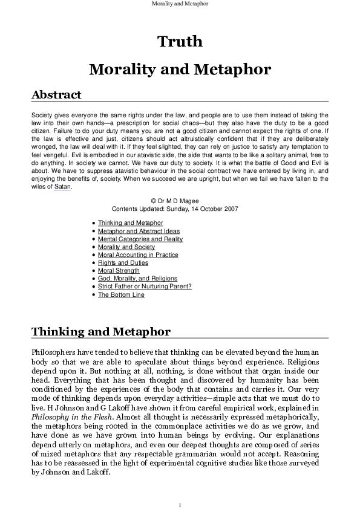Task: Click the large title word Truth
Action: (180, 41)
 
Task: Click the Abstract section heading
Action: (56, 95)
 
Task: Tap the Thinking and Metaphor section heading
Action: (100, 332)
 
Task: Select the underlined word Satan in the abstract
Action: (63, 187)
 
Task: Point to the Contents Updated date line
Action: (180, 209)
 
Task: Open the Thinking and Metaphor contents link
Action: (130, 223)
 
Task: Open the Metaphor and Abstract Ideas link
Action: (139, 231)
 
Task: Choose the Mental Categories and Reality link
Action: (140, 239)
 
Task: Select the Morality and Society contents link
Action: (126, 247)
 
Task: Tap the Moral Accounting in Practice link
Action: (138, 255)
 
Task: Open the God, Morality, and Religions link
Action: (137, 279)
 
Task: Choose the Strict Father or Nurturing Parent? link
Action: (145, 287)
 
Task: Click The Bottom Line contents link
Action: (121, 295)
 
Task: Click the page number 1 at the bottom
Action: (180, 505)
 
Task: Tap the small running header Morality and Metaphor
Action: (180, 3)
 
